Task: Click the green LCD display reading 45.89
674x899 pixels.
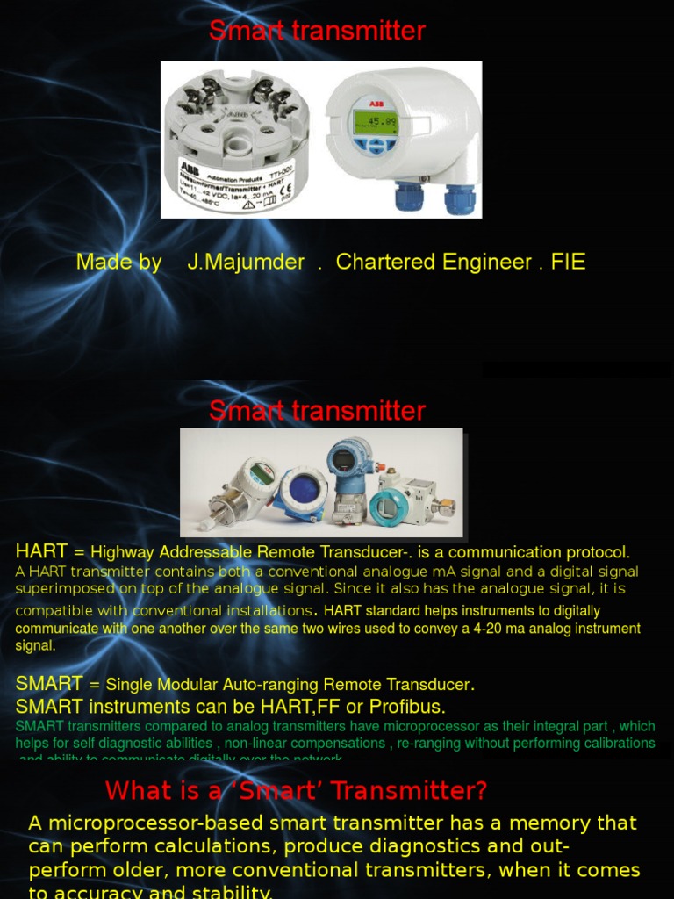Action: (x=376, y=122)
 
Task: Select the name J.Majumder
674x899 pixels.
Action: (x=246, y=262)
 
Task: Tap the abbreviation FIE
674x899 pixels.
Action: (x=568, y=262)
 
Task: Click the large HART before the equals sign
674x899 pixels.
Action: (x=41, y=551)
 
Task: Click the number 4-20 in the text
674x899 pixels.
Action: (x=513, y=629)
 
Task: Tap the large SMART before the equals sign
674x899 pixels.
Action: (x=49, y=684)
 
